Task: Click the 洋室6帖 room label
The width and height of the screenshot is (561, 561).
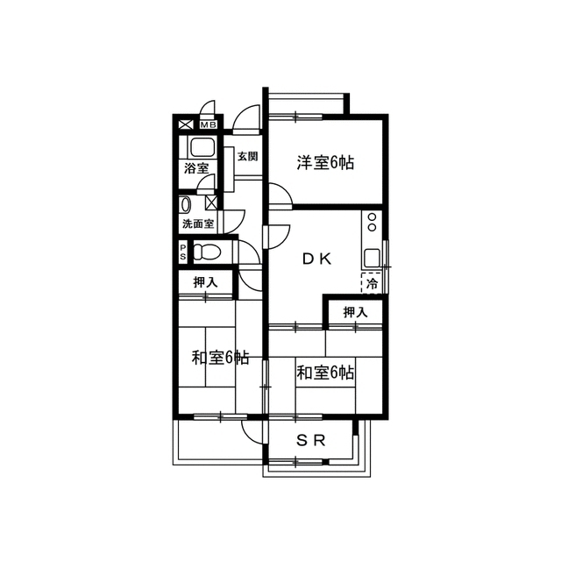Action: tap(325, 163)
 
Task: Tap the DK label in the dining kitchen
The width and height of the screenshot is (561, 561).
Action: tap(317, 259)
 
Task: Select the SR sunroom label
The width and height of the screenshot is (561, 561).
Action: tap(311, 440)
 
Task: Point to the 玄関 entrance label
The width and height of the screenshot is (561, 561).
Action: tap(247, 156)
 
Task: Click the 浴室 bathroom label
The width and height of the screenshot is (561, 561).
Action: tap(196, 168)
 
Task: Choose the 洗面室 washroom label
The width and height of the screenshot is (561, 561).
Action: tap(198, 224)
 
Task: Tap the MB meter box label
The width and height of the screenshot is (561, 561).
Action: tap(209, 124)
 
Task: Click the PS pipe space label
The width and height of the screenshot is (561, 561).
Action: tap(183, 252)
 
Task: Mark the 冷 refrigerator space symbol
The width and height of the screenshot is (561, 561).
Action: tap(372, 284)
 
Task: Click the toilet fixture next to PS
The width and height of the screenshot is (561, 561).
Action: tap(207, 252)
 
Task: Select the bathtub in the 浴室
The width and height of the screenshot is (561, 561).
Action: tap(202, 147)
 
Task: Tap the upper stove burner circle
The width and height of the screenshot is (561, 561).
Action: tap(372, 217)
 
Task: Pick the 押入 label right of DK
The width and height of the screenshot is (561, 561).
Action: tap(355, 312)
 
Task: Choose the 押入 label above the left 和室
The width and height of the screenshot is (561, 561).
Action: tap(205, 282)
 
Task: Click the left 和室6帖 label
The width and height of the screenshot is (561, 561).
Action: tap(220, 358)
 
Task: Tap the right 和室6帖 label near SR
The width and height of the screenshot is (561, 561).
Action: tap(325, 373)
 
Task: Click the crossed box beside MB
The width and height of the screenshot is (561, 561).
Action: tap(186, 124)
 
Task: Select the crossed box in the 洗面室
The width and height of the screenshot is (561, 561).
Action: tap(211, 203)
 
